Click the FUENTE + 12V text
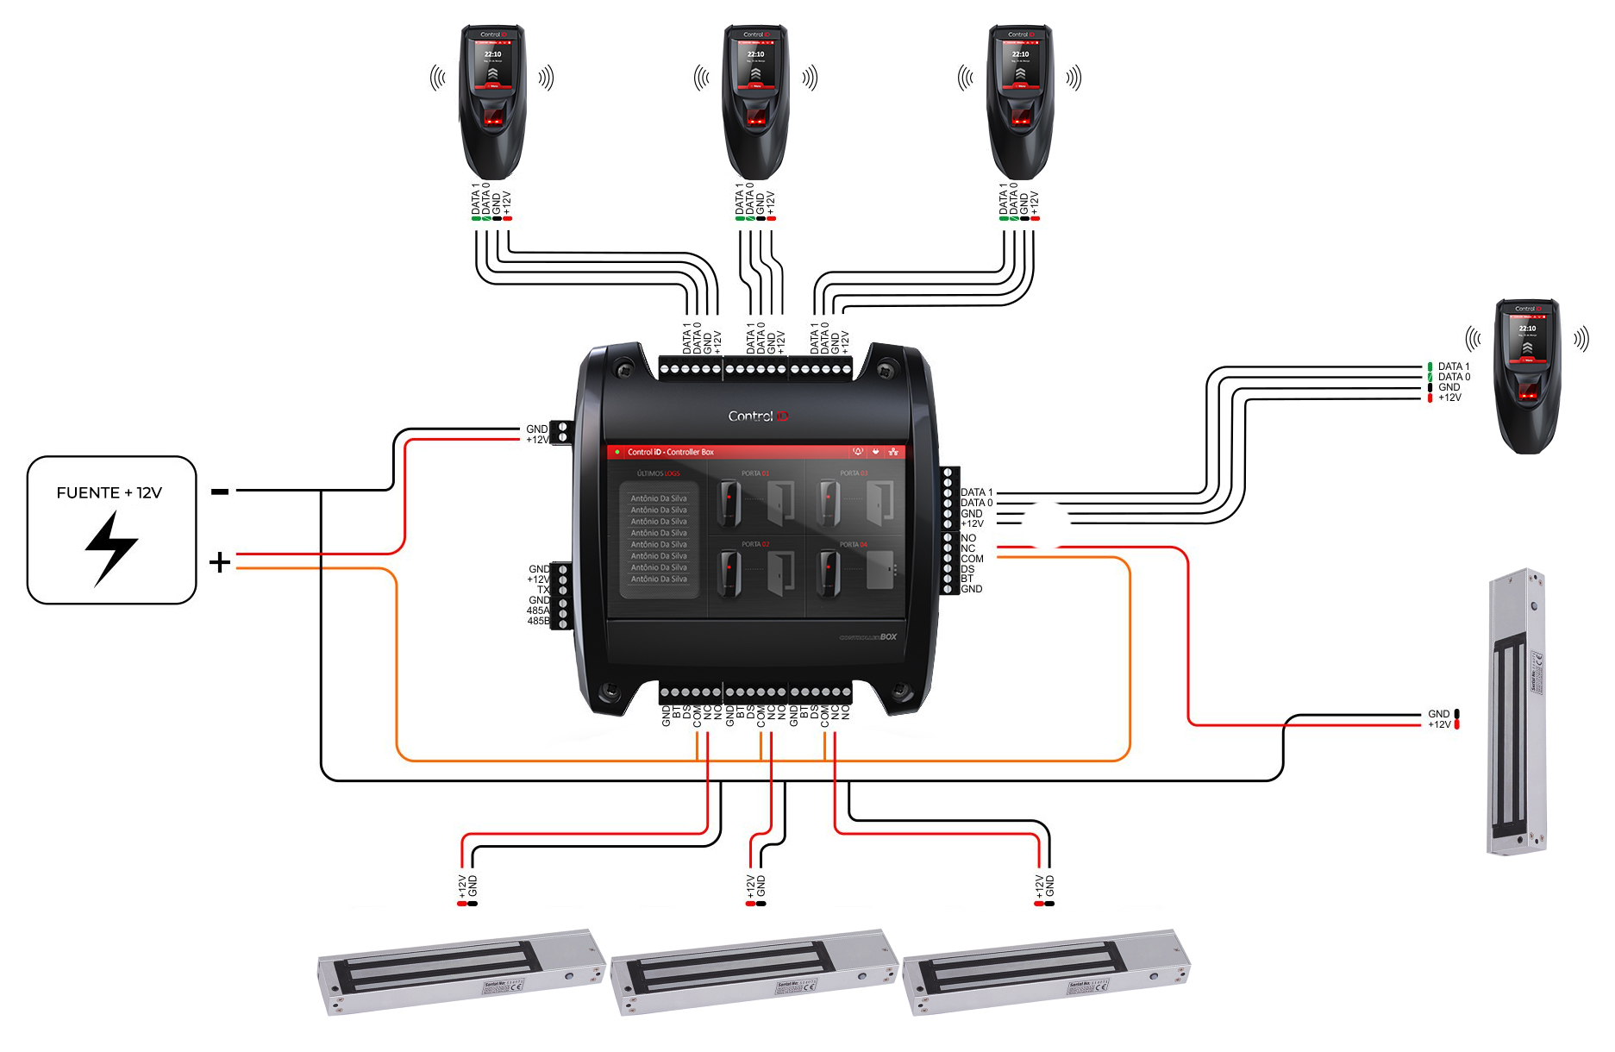click(x=110, y=493)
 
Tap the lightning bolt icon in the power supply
click(x=111, y=548)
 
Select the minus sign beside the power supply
click(x=220, y=492)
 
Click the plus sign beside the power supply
click(x=220, y=562)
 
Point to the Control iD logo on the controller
click(x=758, y=416)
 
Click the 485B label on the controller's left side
click(x=538, y=621)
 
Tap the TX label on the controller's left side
click(x=543, y=590)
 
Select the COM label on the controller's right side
click(x=972, y=559)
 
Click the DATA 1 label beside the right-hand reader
click(x=1454, y=366)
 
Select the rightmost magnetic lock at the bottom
click(x=1045, y=972)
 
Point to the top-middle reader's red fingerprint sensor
click(x=756, y=120)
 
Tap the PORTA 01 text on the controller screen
click(x=754, y=473)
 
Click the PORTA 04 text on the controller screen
click(x=854, y=545)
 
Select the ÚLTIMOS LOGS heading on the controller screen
click(x=658, y=473)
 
